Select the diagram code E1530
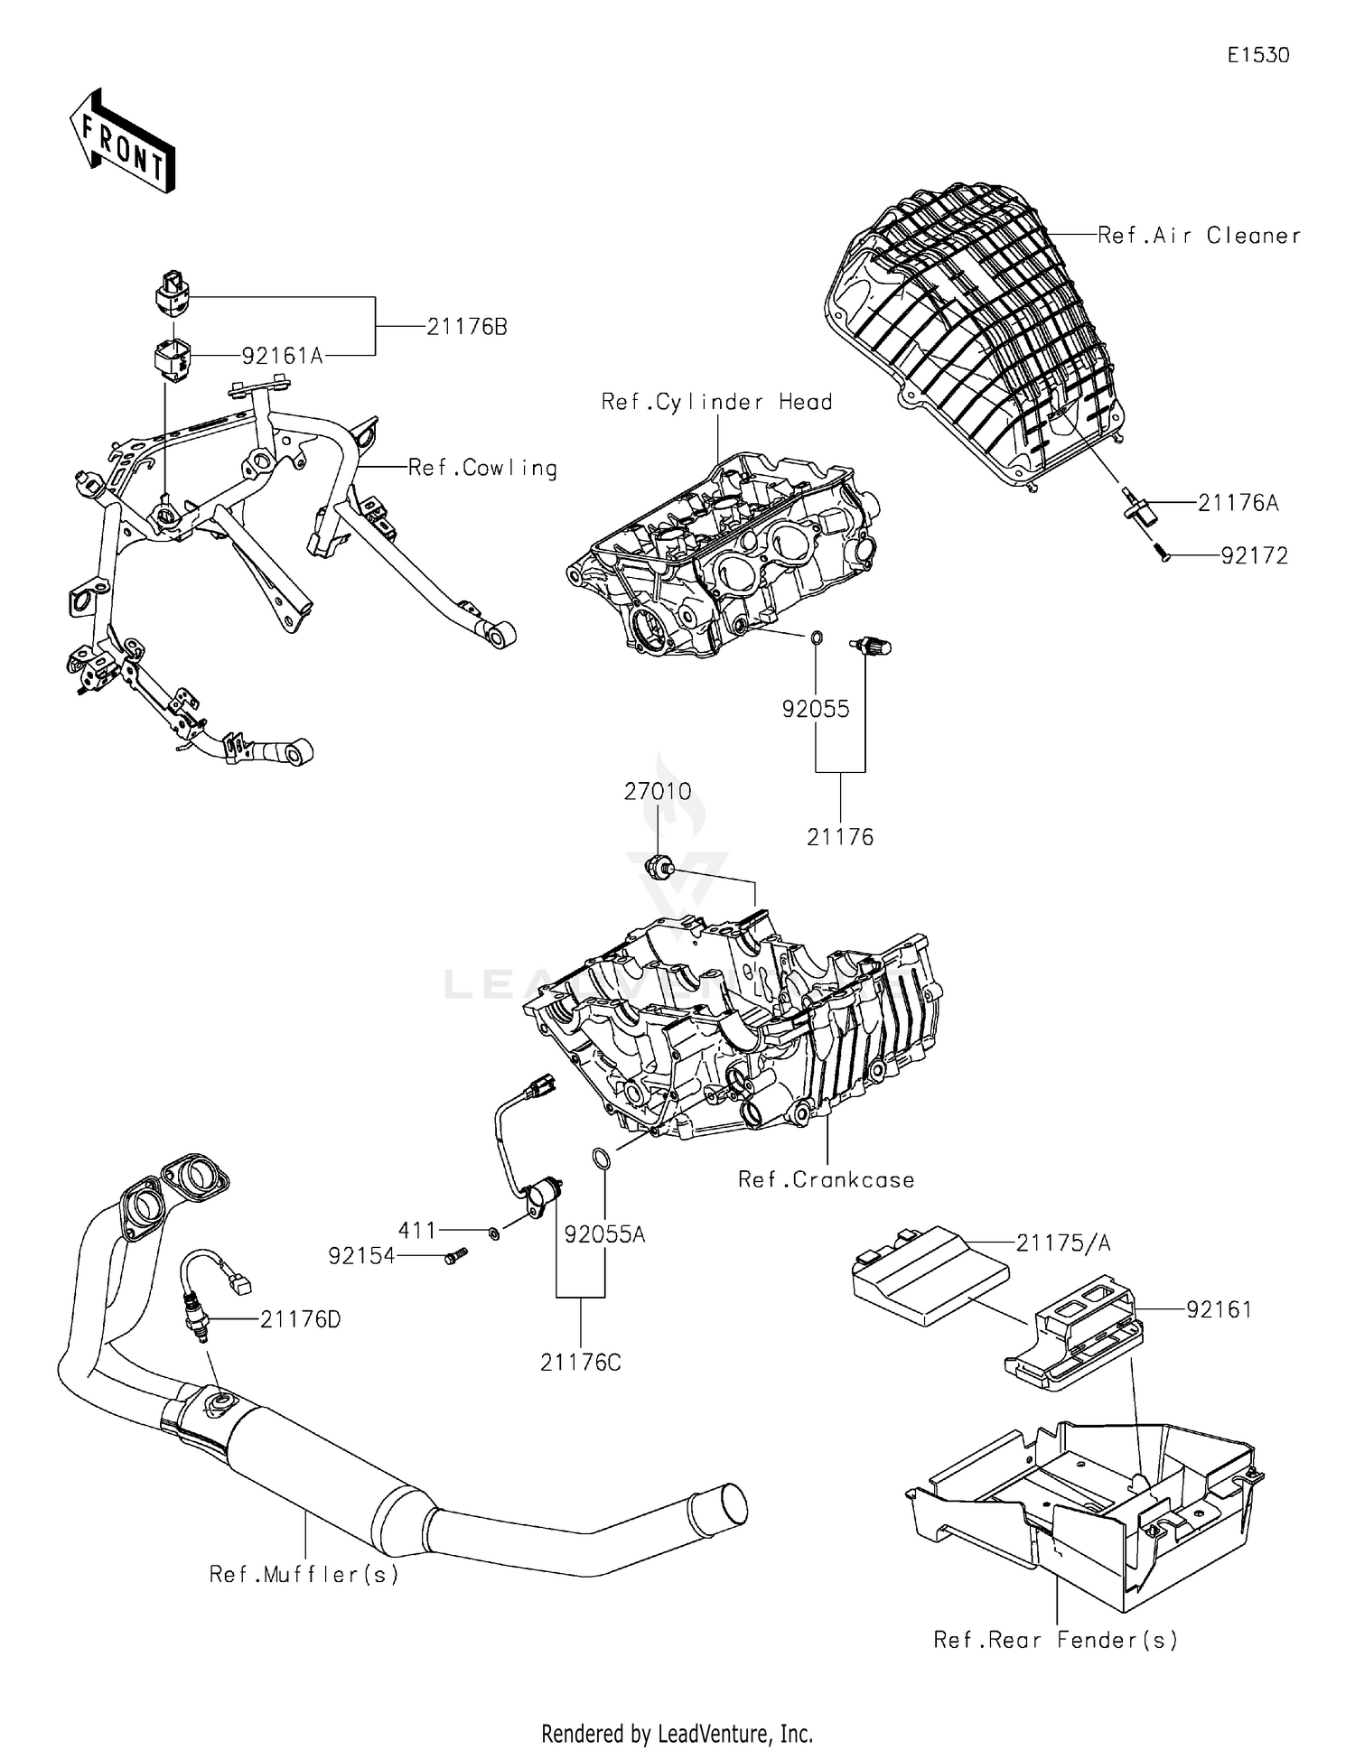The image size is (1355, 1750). [1257, 55]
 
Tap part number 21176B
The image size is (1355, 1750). [466, 327]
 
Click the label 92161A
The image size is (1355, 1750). [282, 356]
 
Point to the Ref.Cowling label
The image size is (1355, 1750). [482, 468]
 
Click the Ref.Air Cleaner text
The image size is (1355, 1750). [1199, 236]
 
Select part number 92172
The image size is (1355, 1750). [1254, 556]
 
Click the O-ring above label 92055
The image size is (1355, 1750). [816, 638]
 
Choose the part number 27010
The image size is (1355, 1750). [657, 792]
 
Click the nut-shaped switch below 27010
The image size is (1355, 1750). [658, 868]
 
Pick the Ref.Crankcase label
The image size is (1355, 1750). [826, 1180]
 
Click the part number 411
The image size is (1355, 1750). [417, 1230]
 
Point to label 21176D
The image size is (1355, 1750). [300, 1319]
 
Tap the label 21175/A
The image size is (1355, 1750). [1062, 1243]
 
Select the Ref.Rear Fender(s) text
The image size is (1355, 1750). [1055, 1640]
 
